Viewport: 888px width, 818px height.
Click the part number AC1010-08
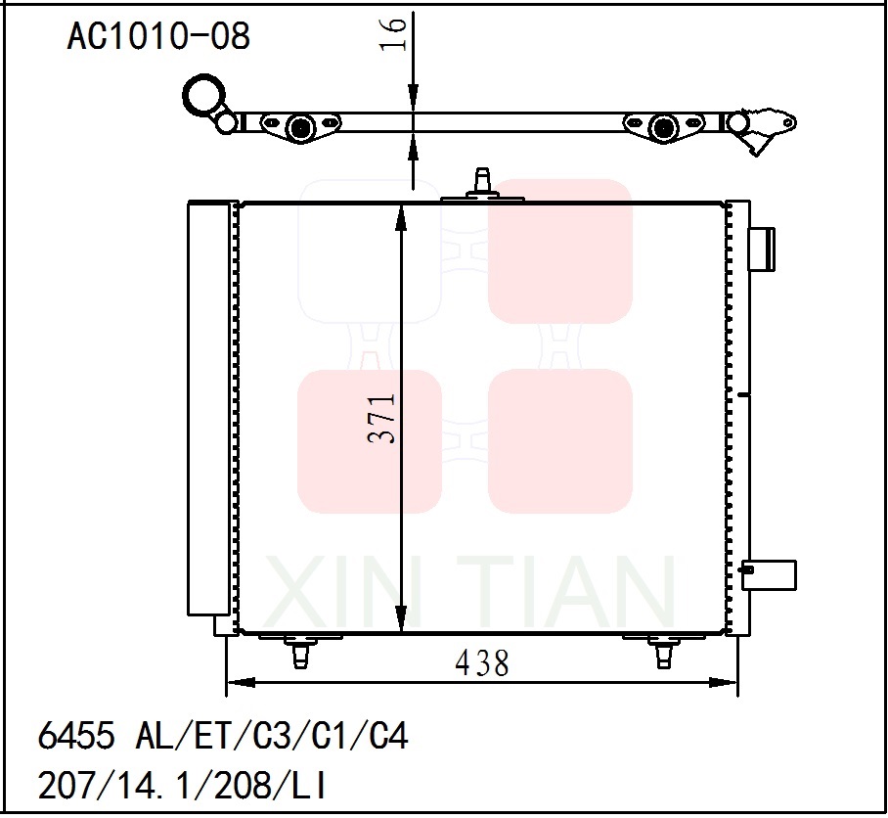tap(158, 37)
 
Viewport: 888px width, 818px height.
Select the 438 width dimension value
tap(482, 664)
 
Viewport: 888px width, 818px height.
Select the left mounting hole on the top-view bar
tap(299, 126)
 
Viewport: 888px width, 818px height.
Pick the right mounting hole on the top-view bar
tap(664, 127)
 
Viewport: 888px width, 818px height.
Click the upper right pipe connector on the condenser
tap(761, 249)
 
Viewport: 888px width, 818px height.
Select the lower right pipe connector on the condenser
tap(769, 574)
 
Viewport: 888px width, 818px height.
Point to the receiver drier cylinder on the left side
tap(207, 408)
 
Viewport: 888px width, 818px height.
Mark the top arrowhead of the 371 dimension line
tap(401, 215)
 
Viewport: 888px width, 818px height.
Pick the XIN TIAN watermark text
tap(469, 593)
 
